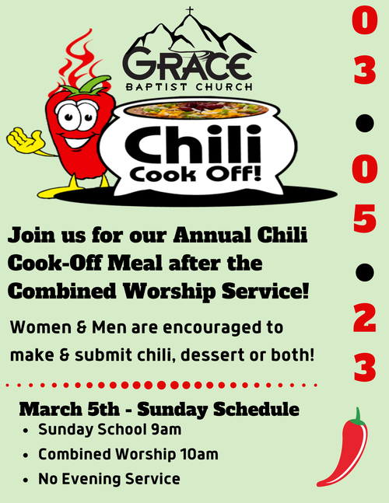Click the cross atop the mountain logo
(x=190, y=10)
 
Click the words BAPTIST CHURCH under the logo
(x=189, y=86)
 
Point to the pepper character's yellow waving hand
(x=25, y=140)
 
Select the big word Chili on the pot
(x=192, y=145)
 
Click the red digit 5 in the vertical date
(x=365, y=218)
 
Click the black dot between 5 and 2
(x=365, y=272)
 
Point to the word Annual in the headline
(x=212, y=235)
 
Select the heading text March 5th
(x=69, y=409)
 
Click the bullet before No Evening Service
(x=26, y=480)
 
